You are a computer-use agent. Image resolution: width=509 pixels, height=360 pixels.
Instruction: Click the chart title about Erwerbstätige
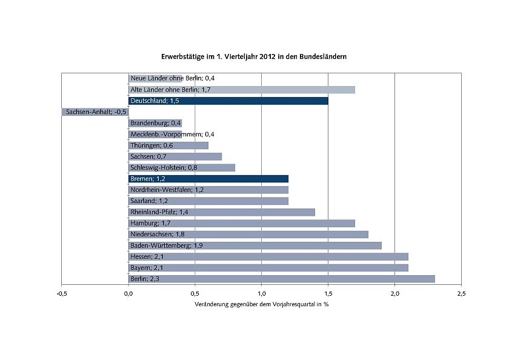point(253,56)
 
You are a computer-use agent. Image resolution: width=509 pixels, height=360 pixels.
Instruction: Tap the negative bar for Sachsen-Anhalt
point(95,112)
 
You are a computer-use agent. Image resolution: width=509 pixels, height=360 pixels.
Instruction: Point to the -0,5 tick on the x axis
point(61,293)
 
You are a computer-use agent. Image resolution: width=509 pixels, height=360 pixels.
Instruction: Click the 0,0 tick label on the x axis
point(128,293)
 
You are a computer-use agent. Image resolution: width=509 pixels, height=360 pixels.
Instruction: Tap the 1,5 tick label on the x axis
point(328,293)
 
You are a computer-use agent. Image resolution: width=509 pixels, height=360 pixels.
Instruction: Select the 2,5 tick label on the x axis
point(461,293)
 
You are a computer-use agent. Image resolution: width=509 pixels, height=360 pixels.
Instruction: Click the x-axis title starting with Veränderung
point(261,304)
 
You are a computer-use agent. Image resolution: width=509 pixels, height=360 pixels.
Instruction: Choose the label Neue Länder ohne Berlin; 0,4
point(173,78)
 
